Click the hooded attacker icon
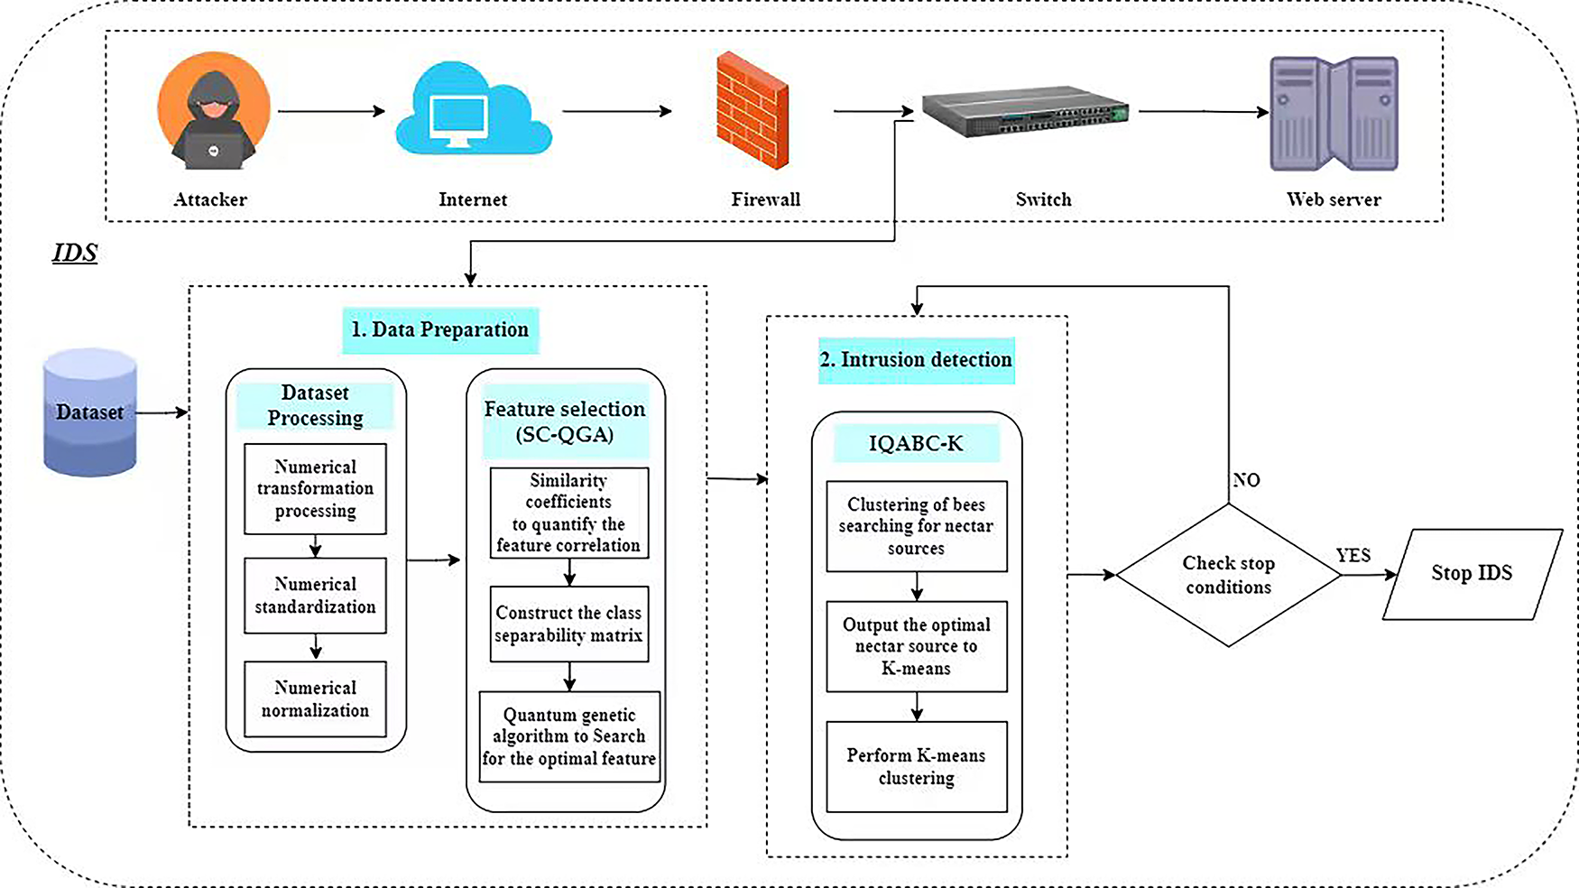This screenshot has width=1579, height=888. [214, 112]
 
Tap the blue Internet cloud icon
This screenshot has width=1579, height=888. [473, 113]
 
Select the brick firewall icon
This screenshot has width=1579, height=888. [753, 111]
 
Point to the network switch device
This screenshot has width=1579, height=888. [1025, 111]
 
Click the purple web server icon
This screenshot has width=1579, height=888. [1334, 114]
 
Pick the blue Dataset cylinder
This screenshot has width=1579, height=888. [90, 412]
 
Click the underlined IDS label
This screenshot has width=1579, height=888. [75, 253]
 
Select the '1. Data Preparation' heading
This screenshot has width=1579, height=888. [440, 330]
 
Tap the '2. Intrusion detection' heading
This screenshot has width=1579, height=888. [916, 360]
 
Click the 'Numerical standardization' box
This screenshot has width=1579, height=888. [315, 596]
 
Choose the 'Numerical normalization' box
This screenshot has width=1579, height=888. [315, 699]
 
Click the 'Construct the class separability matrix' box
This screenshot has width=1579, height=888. [568, 624]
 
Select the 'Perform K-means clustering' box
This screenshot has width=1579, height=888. [916, 767]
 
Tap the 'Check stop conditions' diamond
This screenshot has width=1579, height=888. [1228, 575]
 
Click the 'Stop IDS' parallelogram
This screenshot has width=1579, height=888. [1472, 574]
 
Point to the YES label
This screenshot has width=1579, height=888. [1353, 556]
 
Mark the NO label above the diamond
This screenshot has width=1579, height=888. [1247, 480]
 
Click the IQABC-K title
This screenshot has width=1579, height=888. [916, 444]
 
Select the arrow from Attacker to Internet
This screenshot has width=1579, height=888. [331, 111]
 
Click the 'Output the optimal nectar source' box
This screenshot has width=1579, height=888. [916, 646]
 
